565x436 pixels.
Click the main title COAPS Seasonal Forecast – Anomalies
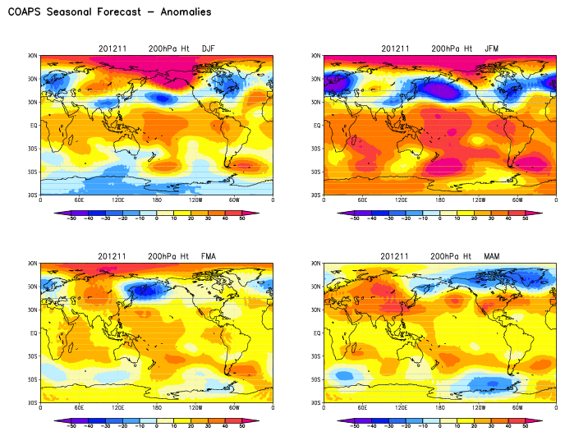click(x=108, y=12)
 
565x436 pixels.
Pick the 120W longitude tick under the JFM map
click(x=480, y=200)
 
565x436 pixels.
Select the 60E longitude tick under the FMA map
click(x=80, y=408)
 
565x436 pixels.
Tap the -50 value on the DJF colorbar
click(x=71, y=219)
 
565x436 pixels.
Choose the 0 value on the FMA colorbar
click(x=157, y=428)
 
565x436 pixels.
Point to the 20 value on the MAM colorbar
click(x=475, y=428)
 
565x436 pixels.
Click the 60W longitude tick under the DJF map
click(x=234, y=200)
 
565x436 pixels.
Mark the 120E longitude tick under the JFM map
click(x=402, y=200)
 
